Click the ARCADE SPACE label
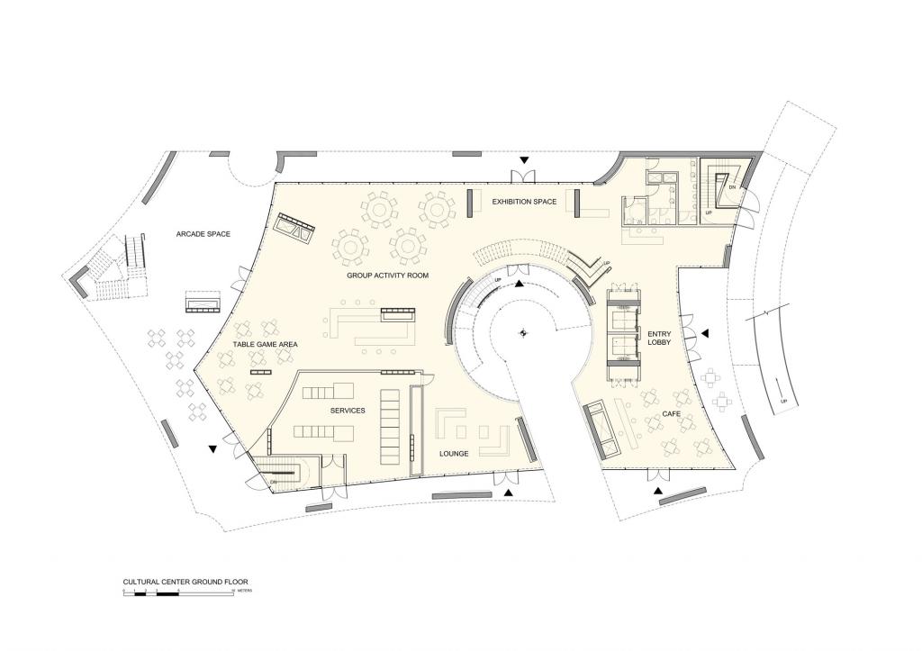click(x=203, y=234)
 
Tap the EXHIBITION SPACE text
click(x=523, y=201)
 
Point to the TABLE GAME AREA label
click(x=265, y=344)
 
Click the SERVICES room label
click(x=347, y=411)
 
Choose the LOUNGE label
click(x=454, y=454)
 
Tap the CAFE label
click(x=672, y=415)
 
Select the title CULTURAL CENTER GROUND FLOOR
click(x=185, y=583)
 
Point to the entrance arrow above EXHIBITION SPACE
click(x=523, y=161)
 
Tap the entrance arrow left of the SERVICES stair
click(x=212, y=448)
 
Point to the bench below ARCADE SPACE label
click(x=204, y=302)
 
